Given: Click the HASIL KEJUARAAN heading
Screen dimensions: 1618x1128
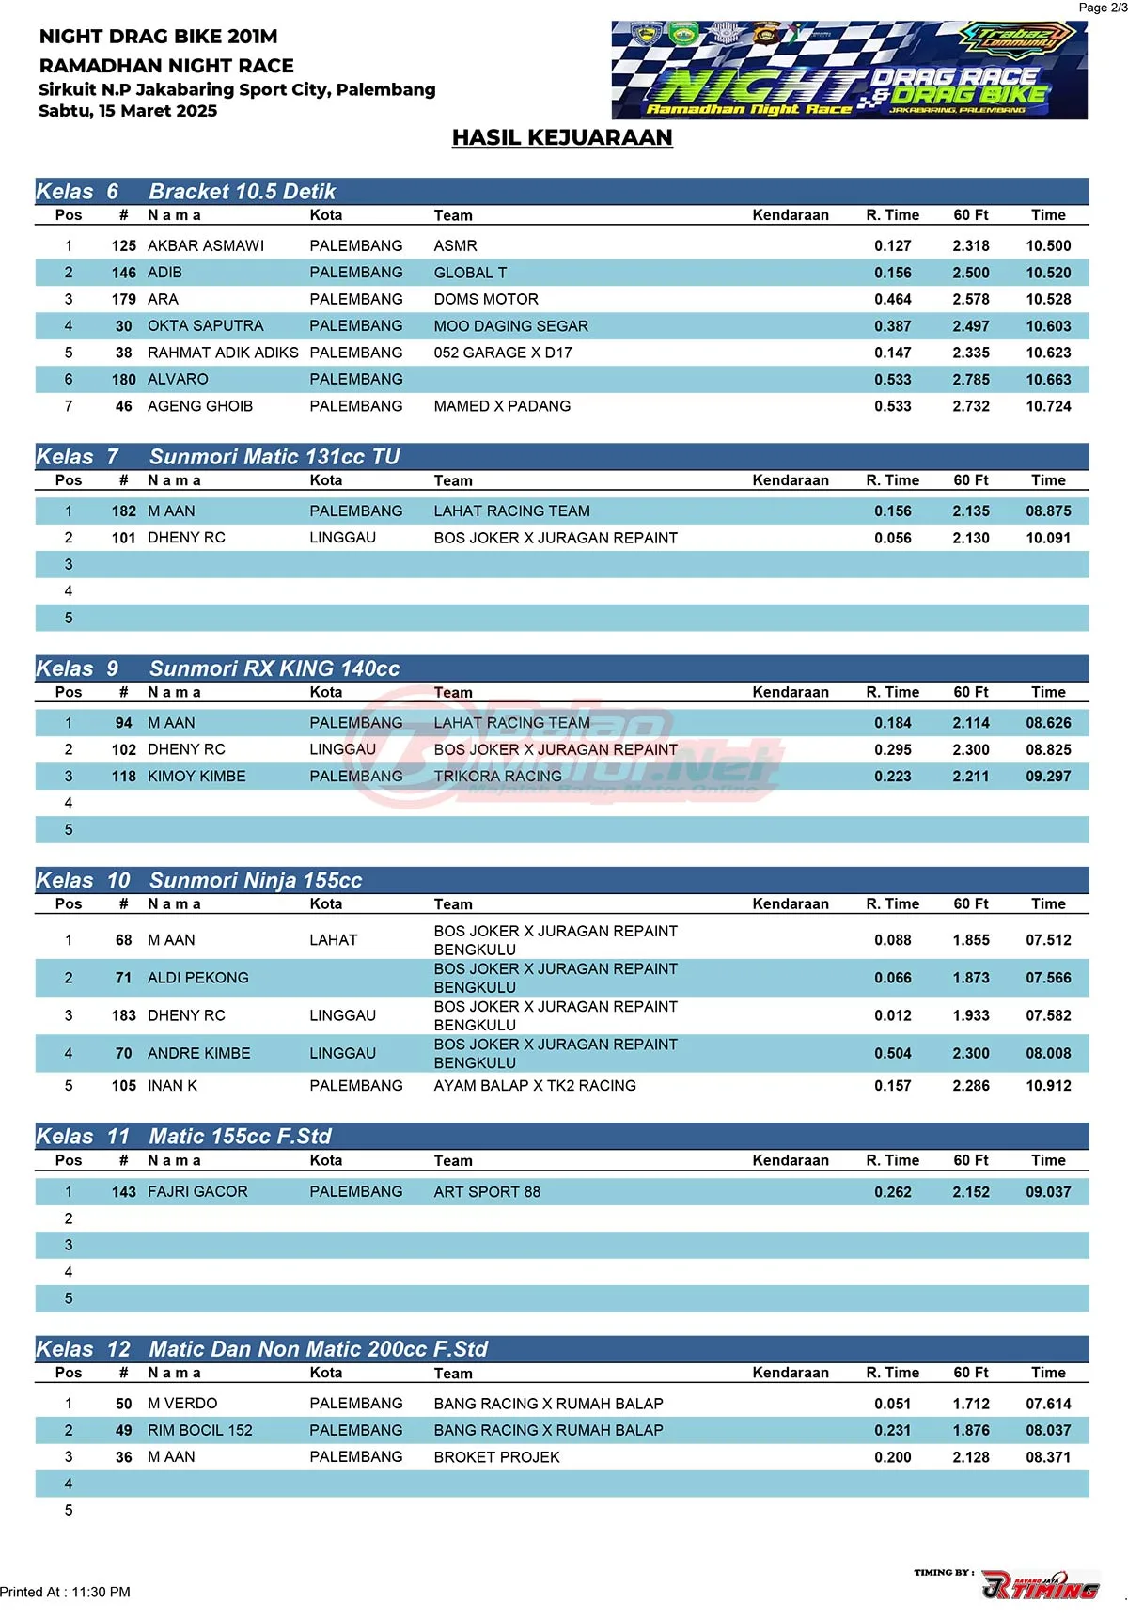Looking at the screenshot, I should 562,137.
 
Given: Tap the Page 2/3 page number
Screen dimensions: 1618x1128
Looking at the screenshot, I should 1102,8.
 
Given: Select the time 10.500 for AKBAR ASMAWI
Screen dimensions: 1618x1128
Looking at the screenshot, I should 1048,245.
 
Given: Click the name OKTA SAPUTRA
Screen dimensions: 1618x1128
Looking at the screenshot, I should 205,325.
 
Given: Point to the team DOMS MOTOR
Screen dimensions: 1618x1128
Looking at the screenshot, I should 486,299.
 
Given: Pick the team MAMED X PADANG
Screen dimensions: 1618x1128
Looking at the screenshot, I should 502,406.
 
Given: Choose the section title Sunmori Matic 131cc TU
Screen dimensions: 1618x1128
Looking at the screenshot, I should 274,457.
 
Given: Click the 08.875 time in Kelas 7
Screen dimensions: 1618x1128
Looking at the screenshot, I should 1048,511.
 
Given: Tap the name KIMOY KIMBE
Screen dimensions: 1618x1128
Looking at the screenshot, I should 196,776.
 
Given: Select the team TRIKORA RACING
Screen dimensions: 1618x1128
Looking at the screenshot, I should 497,776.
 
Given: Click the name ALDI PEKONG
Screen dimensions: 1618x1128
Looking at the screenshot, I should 198,978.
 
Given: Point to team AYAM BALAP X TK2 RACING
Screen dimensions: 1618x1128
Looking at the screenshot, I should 535,1085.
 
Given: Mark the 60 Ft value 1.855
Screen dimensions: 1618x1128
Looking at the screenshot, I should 970,939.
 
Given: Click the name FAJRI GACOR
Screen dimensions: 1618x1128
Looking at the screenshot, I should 197,1191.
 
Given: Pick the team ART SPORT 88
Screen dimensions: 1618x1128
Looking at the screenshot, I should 487,1191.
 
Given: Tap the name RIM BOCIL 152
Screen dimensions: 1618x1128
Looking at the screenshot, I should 200,1430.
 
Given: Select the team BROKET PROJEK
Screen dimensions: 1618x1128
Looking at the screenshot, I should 496,1456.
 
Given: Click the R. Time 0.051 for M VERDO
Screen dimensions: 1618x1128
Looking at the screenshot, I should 892,1404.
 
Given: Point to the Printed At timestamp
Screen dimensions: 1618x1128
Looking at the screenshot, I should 66,1592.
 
